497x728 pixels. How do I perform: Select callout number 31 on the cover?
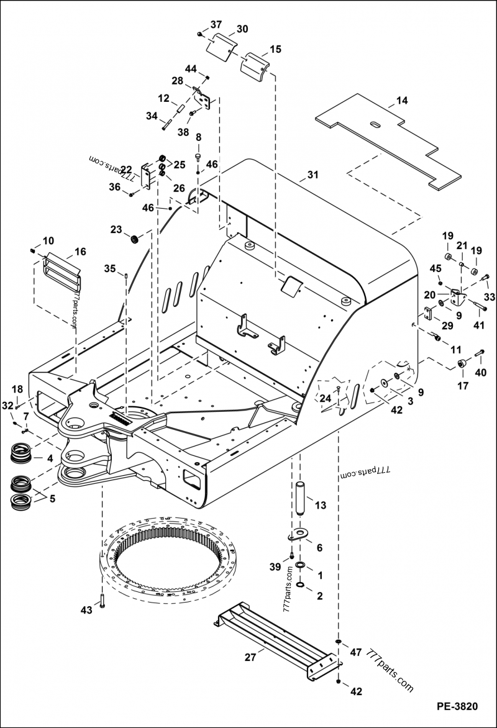[312, 175]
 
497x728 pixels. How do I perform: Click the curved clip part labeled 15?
[257, 66]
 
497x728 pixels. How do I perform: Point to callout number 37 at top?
[216, 25]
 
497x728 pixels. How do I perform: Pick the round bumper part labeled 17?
[462, 363]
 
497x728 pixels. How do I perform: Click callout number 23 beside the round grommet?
[116, 229]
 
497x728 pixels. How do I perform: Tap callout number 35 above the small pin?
[109, 268]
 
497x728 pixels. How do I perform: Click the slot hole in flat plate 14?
[376, 126]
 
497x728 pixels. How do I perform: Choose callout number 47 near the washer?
[355, 652]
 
